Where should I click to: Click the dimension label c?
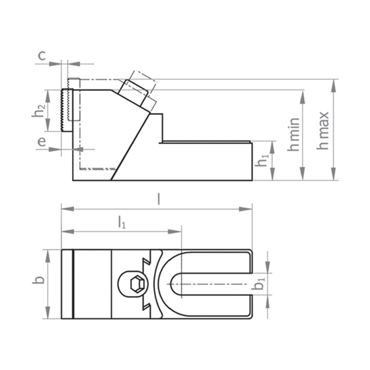[41, 56]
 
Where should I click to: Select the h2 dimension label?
[40, 111]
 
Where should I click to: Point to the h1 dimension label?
[263, 161]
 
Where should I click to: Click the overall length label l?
[157, 198]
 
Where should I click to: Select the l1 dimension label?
[122, 223]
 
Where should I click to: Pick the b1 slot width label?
[260, 284]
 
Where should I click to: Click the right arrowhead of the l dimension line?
[249, 209]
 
